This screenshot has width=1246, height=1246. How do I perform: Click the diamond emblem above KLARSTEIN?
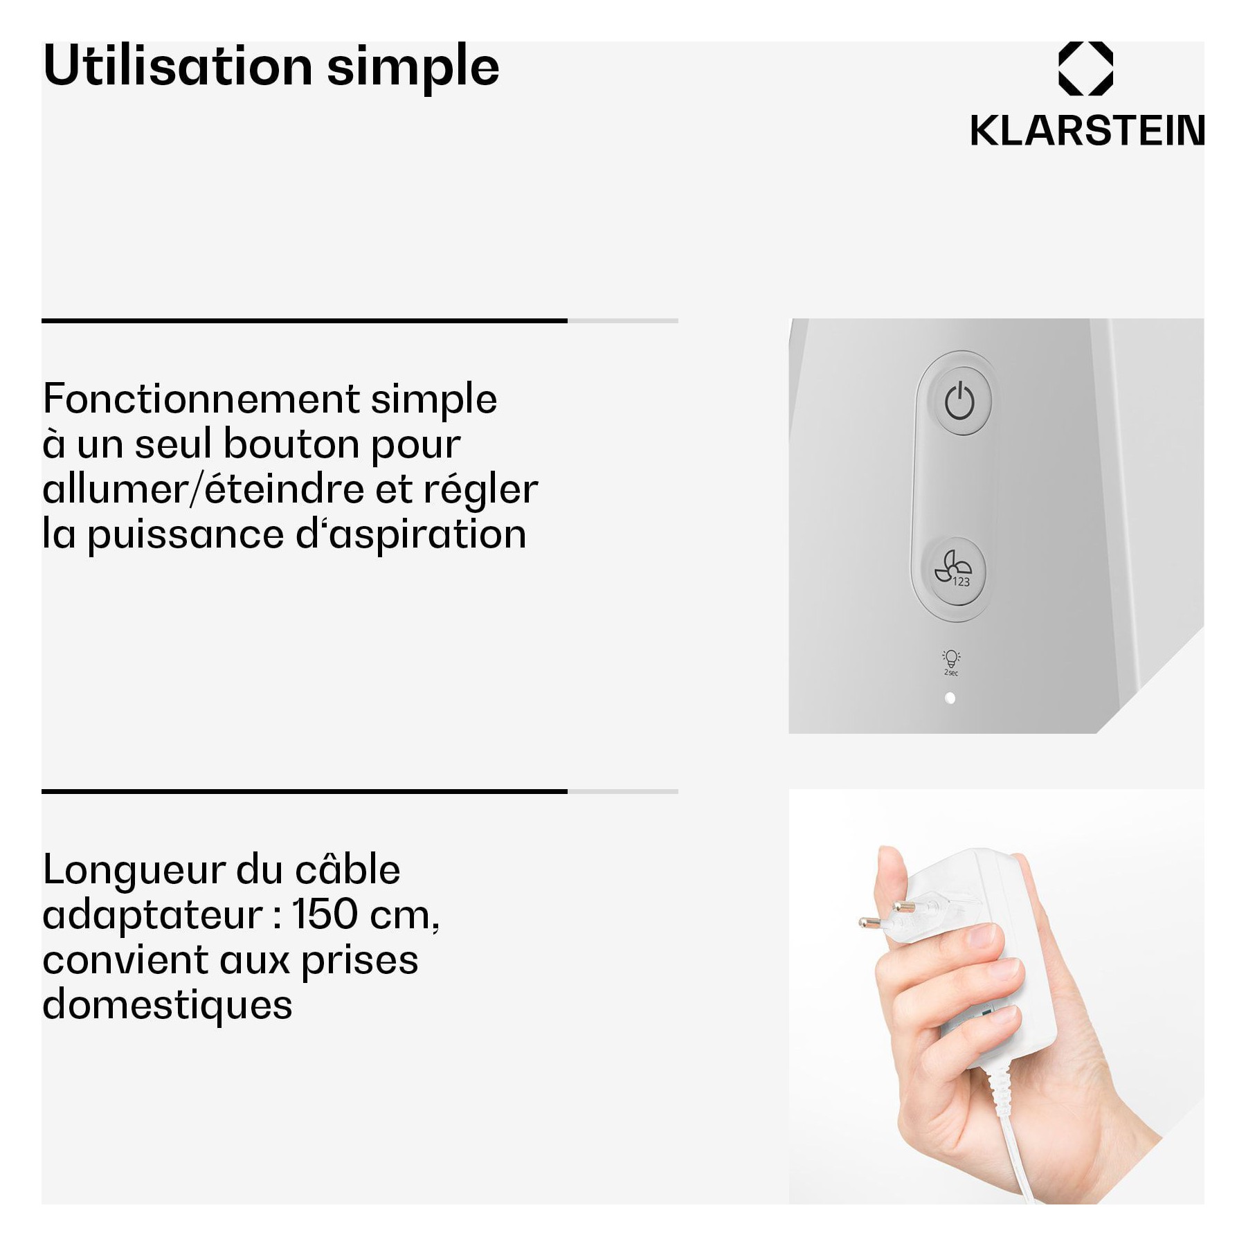pos(1085,67)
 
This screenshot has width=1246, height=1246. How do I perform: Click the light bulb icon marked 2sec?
pos(951,662)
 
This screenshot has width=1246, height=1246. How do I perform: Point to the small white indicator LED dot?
pos(950,698)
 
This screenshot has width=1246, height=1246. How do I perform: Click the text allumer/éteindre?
pos(204,489)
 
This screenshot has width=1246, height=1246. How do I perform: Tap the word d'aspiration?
pos(411,535)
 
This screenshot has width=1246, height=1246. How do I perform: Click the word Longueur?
pos(134,869)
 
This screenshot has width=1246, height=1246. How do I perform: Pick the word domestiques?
pos(168,1005)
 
